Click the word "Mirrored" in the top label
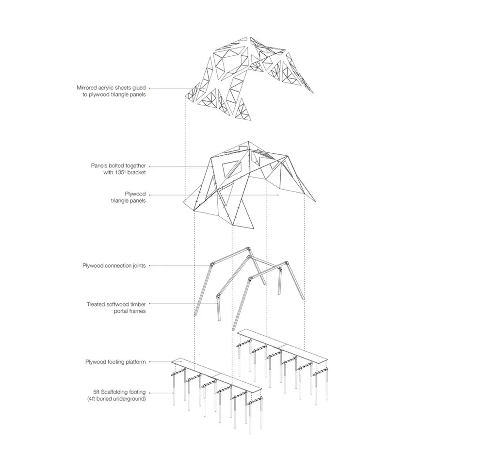87,88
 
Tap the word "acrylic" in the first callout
107,88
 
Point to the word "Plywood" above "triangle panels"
135,194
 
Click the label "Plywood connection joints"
114,266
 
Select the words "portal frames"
129,311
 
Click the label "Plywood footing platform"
115,362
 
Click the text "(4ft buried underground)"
116,399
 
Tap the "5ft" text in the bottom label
96,392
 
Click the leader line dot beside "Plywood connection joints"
150,266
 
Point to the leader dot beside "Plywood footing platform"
150,361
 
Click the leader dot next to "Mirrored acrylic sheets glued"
150,88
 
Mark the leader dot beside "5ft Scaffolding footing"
150,393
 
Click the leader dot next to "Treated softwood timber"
150,304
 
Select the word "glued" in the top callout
139,88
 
